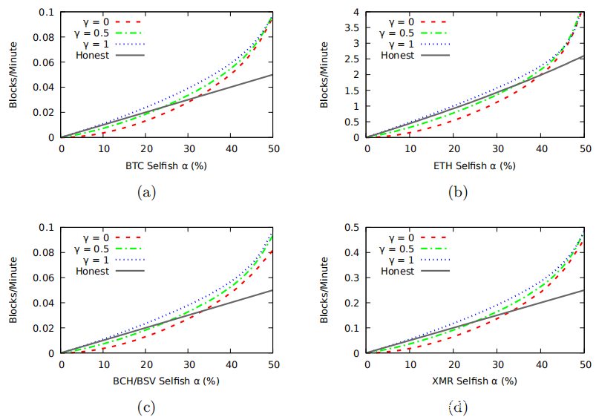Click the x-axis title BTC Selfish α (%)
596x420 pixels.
pyautogui.click(x=167, y=165)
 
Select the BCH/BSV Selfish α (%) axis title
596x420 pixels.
pyautogui.click(x=167, y=381)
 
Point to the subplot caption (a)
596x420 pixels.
pyautogui.click(x=146, y=192)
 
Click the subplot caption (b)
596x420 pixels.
pyautogui.click(x=456, y=192)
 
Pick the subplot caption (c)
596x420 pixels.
pyautogui.click(x=146, y=407)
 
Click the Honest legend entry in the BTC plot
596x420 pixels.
pyautogui.click(x=92, y=55)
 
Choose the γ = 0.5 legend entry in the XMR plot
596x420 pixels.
pyautogui.click(x=401, y=249)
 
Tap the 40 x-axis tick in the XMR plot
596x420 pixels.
pyautogui.click(x=542, y=364)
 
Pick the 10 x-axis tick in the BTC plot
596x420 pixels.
pyautogui.click(x=103, y=148)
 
